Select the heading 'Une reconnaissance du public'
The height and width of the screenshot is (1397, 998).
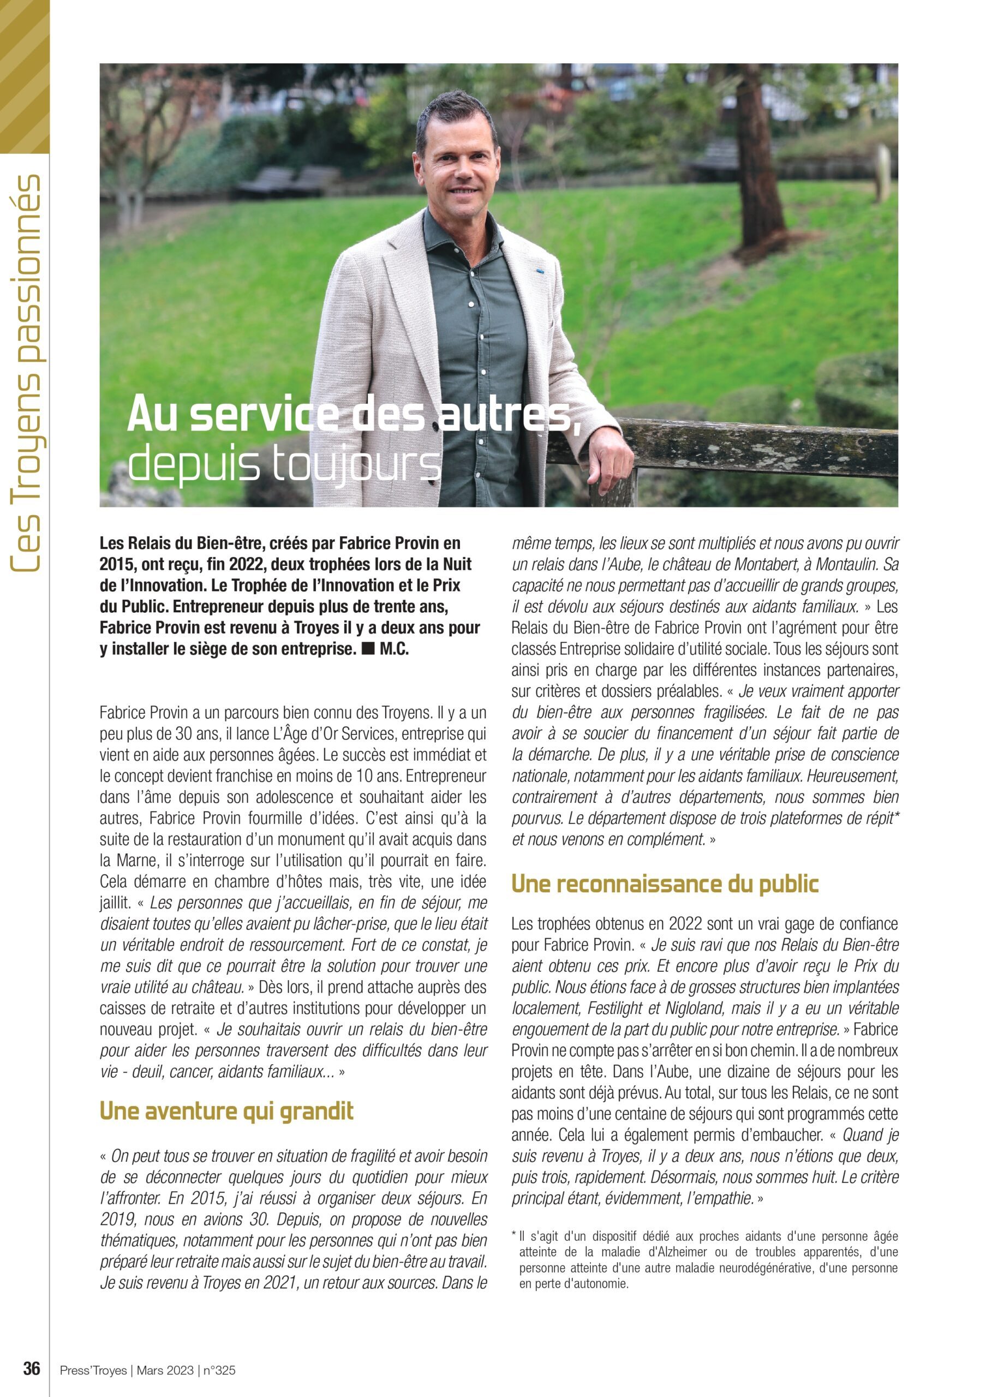tap(665, 884)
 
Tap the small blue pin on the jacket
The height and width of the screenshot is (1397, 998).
tap(537, 269)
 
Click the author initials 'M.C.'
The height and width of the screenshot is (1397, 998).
tap(394, 649)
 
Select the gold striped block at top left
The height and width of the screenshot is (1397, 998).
tap(25, 76)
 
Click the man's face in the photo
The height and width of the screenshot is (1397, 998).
tap(456, 166)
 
